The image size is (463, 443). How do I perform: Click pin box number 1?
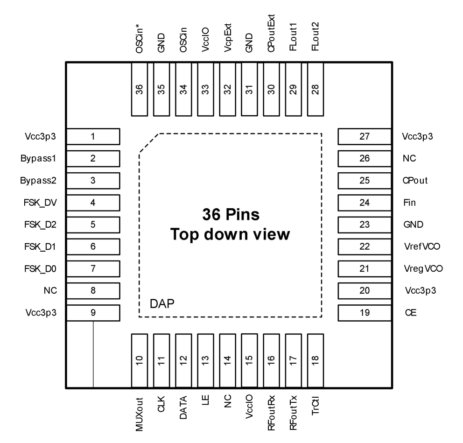pos(93,136)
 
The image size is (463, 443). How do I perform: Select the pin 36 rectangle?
pos(139,90)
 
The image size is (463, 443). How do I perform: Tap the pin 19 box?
pos(364,313)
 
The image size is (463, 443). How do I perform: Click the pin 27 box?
pos(364,136)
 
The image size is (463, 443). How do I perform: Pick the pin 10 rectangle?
pos(139,360)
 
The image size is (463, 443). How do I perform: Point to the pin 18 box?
pos(316,360)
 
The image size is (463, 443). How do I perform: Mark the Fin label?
pos(407,203)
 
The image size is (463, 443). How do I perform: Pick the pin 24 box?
pos(364,203)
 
